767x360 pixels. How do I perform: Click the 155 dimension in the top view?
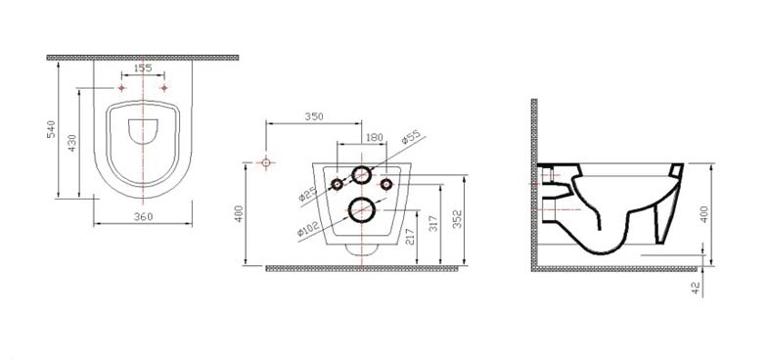click(143, 68)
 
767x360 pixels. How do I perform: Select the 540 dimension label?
click(51, 129)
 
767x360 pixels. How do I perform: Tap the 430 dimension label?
click(72, 143)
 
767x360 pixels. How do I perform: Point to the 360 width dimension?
click(143, 217)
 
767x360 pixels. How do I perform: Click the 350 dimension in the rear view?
click(314, 117)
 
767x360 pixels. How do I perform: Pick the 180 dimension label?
click(375, 137)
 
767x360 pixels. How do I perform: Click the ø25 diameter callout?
click(308, 194)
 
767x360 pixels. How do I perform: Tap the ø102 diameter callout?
click(308, 229)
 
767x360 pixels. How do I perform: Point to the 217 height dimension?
click(411, 237)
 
